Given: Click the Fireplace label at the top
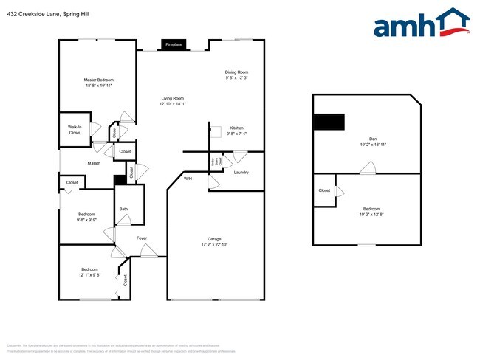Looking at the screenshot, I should point(173,44).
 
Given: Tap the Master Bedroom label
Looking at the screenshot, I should point(98,80).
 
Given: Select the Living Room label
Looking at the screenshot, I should point(173,98).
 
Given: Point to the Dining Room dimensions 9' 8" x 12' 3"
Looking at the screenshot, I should point(236,77).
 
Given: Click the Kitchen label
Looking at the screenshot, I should point(236,128).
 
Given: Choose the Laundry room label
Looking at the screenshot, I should point(241,173).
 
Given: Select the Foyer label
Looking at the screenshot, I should point(142,238).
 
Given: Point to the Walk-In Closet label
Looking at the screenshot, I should point(75,130).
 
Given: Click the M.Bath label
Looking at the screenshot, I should point(94,163).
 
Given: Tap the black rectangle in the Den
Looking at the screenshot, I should point(329,122).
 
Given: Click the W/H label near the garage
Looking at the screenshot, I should point(188,179).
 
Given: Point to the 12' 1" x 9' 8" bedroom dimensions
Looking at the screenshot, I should point(89,275).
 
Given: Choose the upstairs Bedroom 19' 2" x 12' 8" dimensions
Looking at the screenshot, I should point(371,214).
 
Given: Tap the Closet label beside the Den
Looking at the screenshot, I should point(324,190).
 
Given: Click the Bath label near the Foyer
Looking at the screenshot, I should point(123,209).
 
